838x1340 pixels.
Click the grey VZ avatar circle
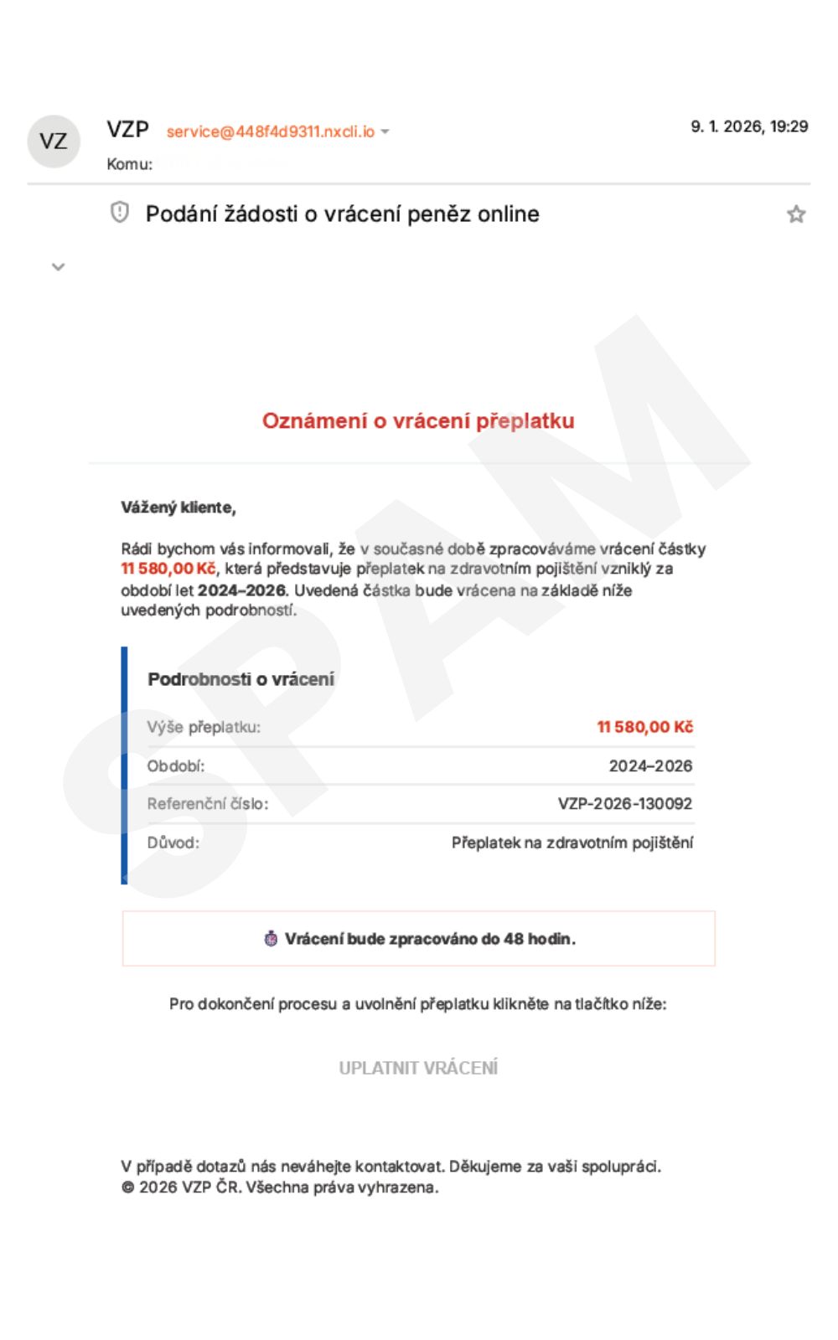tap(54, 141)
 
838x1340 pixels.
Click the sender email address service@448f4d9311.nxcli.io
tap(270, 131)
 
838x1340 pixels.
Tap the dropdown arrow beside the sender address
tap(385, 131)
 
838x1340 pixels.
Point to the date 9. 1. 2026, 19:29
tap(748, 126)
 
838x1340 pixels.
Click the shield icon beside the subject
tap(120, 213)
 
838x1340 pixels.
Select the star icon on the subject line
tap(795, 214)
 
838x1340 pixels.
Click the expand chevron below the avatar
tap(58, 267)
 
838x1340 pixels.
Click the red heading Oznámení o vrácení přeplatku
tap(418, 420)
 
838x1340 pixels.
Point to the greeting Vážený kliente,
tap(178, 508)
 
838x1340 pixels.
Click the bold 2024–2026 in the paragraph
tap(241, 590)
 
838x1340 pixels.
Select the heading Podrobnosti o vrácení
tap(241, 679)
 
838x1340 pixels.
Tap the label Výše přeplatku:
tap(204, 727)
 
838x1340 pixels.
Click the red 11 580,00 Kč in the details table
tap(644, 727)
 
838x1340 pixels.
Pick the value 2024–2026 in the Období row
tap(650, 765)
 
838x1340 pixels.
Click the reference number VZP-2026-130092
tap(624, 804)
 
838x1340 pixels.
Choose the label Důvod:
tap(173, 843)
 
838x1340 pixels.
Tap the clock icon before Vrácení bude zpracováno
tap(271, 939)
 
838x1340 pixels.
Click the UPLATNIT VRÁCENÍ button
tap(418, 1068)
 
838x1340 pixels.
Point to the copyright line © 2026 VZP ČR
tap(280, 1187)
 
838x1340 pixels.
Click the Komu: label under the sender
tap(129, 164)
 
